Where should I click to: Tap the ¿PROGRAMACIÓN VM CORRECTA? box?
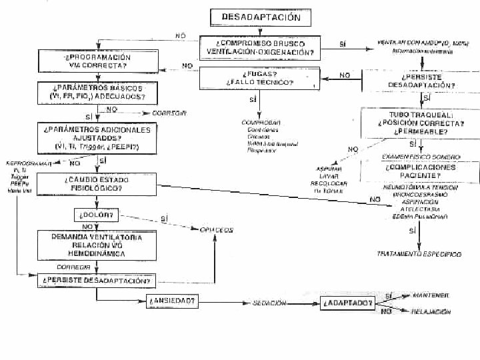pyautogui.click(x=97, y=62)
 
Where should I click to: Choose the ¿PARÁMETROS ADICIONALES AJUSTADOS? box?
pyautogui.click(x=97, y=137)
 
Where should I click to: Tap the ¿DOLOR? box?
pyautogui.click(x=97, y=215)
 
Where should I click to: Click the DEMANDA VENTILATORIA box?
pyautogui.click(x=97, y=245)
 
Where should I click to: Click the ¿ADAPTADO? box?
pyautogui.click(x=347, y=303)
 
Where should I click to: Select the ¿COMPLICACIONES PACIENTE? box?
pyautogui.click(x=421, y=171)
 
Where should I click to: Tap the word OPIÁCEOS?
pyautogui.click(x=217, y=230)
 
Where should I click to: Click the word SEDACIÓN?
pyautogui.click(x=269, y=303)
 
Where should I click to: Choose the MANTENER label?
pyautogui.click(x=431, y=295)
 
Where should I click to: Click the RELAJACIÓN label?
pyautogui.click(x=431, y=311)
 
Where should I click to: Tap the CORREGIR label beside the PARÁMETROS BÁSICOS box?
pyautogui.click(x=169, y=113)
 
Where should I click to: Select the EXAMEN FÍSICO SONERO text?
pyautogui.click(x=411, y=156)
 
